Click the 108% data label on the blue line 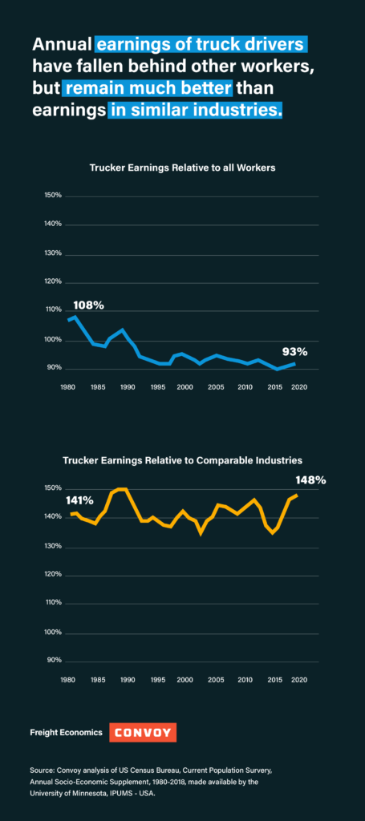[88, 305]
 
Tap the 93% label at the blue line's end [294, 352]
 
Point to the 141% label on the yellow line [79, 500]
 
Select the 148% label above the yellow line [311, 479]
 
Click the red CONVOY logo [143, 732]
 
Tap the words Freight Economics [67, 733]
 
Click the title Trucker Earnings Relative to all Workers [182, 168]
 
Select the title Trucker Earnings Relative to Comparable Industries [183, 461]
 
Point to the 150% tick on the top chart [55, 196]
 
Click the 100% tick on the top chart [55, 340]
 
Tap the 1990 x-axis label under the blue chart [127, 387]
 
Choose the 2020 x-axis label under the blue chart [298, 387]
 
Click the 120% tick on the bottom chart [55, 575]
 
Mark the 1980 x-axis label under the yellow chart [67, 680]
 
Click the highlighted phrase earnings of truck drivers [201, 45]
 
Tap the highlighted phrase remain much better [147, 88]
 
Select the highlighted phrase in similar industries [195, 111]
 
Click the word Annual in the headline [63, 45]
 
